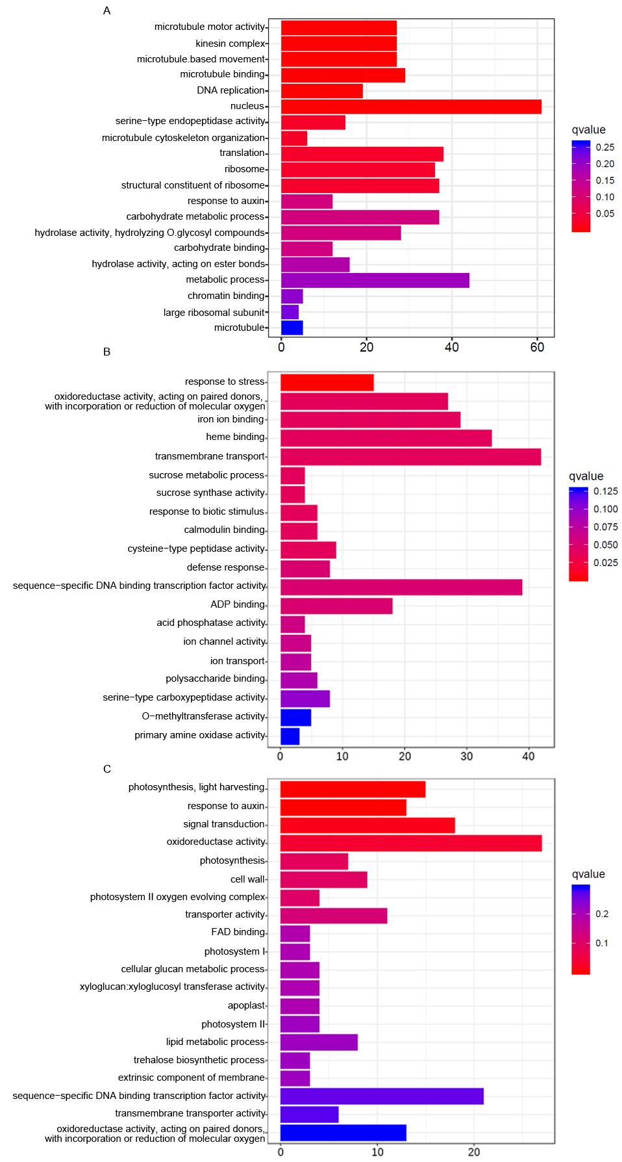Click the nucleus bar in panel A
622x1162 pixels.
click(x=411, y=107)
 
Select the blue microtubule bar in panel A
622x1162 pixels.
click(x=292, y=328)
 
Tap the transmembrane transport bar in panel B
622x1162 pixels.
click(x=410, y=457)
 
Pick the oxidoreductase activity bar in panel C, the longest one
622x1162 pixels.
click(x=411, y=844)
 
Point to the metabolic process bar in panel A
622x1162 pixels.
click(x=375, y=280)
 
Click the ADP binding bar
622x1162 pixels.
click(x=336, y=606)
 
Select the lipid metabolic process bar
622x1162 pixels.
click(x=319, y=1042)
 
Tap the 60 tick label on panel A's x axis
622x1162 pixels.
click(x=537, y=347)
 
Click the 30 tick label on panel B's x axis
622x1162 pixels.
click(x=467, y=756)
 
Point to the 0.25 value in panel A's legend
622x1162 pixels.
click(x=605, y=148)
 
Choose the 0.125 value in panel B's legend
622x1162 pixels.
click(x=606, y=491)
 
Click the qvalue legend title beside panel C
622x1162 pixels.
click(x=588, y=874)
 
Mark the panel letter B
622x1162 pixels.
click(x=107, y=352)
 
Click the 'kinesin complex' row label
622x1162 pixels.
click(x=230, y=44)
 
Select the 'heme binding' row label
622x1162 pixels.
click(x=236, y=437)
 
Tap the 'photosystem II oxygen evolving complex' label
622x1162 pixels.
click(x=178, y=897)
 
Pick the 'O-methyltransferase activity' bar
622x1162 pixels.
click(x=295, y=717)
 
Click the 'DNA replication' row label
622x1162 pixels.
click(x=231, y=90)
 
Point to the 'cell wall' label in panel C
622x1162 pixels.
click(x=248, y=879)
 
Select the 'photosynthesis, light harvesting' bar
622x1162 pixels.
click(x=353, y=790)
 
